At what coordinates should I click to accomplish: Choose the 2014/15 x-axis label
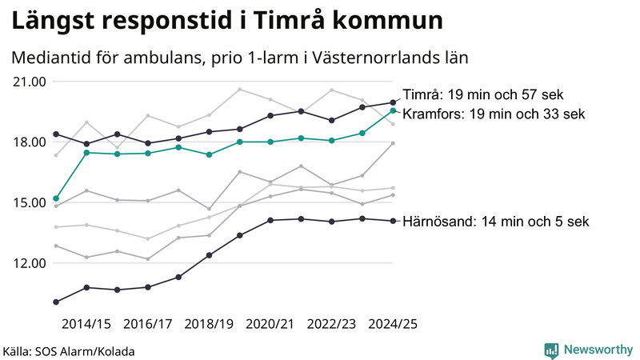click(86, 324)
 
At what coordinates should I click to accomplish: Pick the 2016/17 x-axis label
click(148, 324)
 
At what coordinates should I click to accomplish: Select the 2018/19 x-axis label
click(209, 324)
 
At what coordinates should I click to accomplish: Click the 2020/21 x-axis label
click(270, 324)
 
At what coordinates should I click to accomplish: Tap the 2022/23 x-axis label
click(331, 324)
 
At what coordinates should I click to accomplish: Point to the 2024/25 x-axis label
click(392, 324)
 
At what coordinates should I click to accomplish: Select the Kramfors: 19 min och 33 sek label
click(493, 114)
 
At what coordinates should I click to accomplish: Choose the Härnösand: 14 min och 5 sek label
click(496, 222)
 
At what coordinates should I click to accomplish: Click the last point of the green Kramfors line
click(393, 110)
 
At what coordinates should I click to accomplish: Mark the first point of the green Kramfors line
click(56, 198)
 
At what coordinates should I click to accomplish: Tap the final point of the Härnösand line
click(393, 221)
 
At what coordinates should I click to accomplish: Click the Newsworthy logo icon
click(551, 350)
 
